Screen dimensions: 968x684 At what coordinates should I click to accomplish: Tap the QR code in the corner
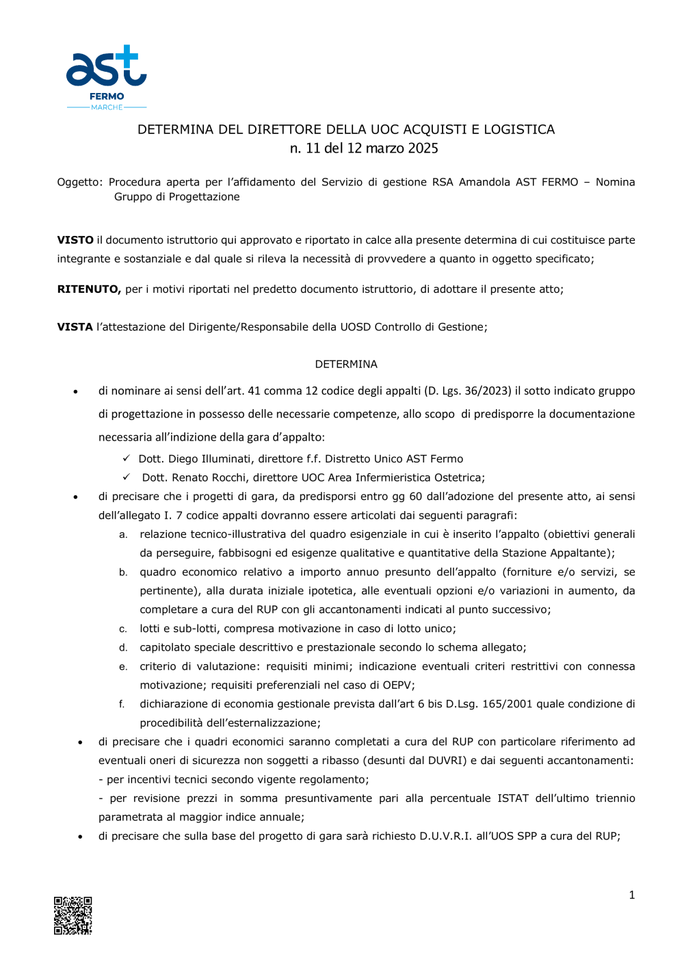tap(73, 915)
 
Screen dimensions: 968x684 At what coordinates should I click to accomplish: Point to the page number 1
tap(632, 895)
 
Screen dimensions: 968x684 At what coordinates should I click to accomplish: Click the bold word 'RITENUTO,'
tap(89, 289)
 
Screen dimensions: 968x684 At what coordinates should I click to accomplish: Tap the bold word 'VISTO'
tap(75, 240)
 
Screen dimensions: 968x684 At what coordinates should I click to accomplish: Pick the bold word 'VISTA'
tap(75, 327)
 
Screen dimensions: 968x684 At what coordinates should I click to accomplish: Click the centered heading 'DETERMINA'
tap(346, 364)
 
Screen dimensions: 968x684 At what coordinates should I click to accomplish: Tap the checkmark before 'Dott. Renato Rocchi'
tap(127, 477)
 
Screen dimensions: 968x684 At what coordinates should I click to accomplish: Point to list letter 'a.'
tap(123, 534)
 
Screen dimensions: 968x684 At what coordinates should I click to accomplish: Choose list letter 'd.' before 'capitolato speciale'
tap(123, 648)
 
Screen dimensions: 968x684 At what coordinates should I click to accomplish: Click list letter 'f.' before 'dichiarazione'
tap(122, 704)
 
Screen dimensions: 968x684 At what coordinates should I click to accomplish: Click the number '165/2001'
tap(507, 704)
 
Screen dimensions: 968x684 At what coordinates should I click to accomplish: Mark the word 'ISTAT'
tap(513, 798)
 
